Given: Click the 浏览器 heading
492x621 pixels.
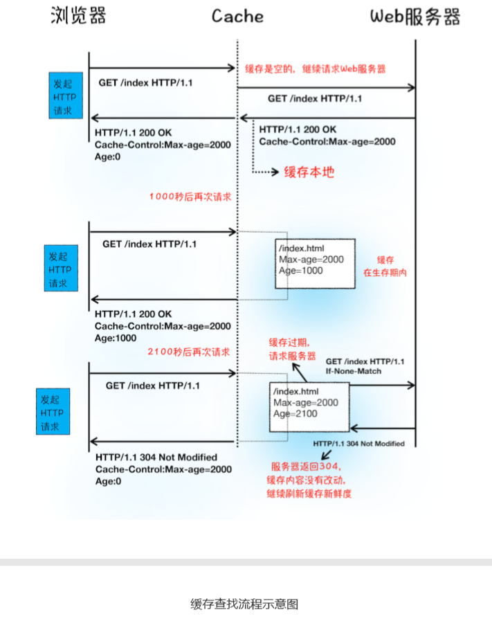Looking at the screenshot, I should pyautogui.click(x=79, y=16).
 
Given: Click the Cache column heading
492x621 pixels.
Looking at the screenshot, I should pyautogui.click(x=237, y=16).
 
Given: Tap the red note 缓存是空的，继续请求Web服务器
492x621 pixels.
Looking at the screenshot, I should pyautogui.click(x=316, y=69).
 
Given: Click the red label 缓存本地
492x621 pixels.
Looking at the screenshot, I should pyautogui.click(x=309, y=172).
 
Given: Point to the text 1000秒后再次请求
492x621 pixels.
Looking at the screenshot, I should pyautogui.click(x=190, y=197).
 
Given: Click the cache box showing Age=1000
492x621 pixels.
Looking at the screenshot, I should pyautogui.click(x=316, y=260).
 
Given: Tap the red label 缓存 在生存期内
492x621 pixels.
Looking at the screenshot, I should pyautogui.click(x=385, y=266).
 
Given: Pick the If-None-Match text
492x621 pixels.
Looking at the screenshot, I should pyautogui.click(x=353, y=371).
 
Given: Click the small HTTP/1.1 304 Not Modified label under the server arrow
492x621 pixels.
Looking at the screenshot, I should pyautogui.click(x=358, y=443).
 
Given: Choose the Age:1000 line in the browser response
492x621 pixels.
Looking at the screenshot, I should pyautogui.click(x=116, y=338).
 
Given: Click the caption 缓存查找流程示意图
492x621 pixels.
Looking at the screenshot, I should pyautogui.click(x=244, y=604).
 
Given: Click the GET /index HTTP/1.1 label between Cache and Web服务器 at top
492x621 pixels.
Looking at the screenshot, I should pyautogui.click(x=315, y=99).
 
